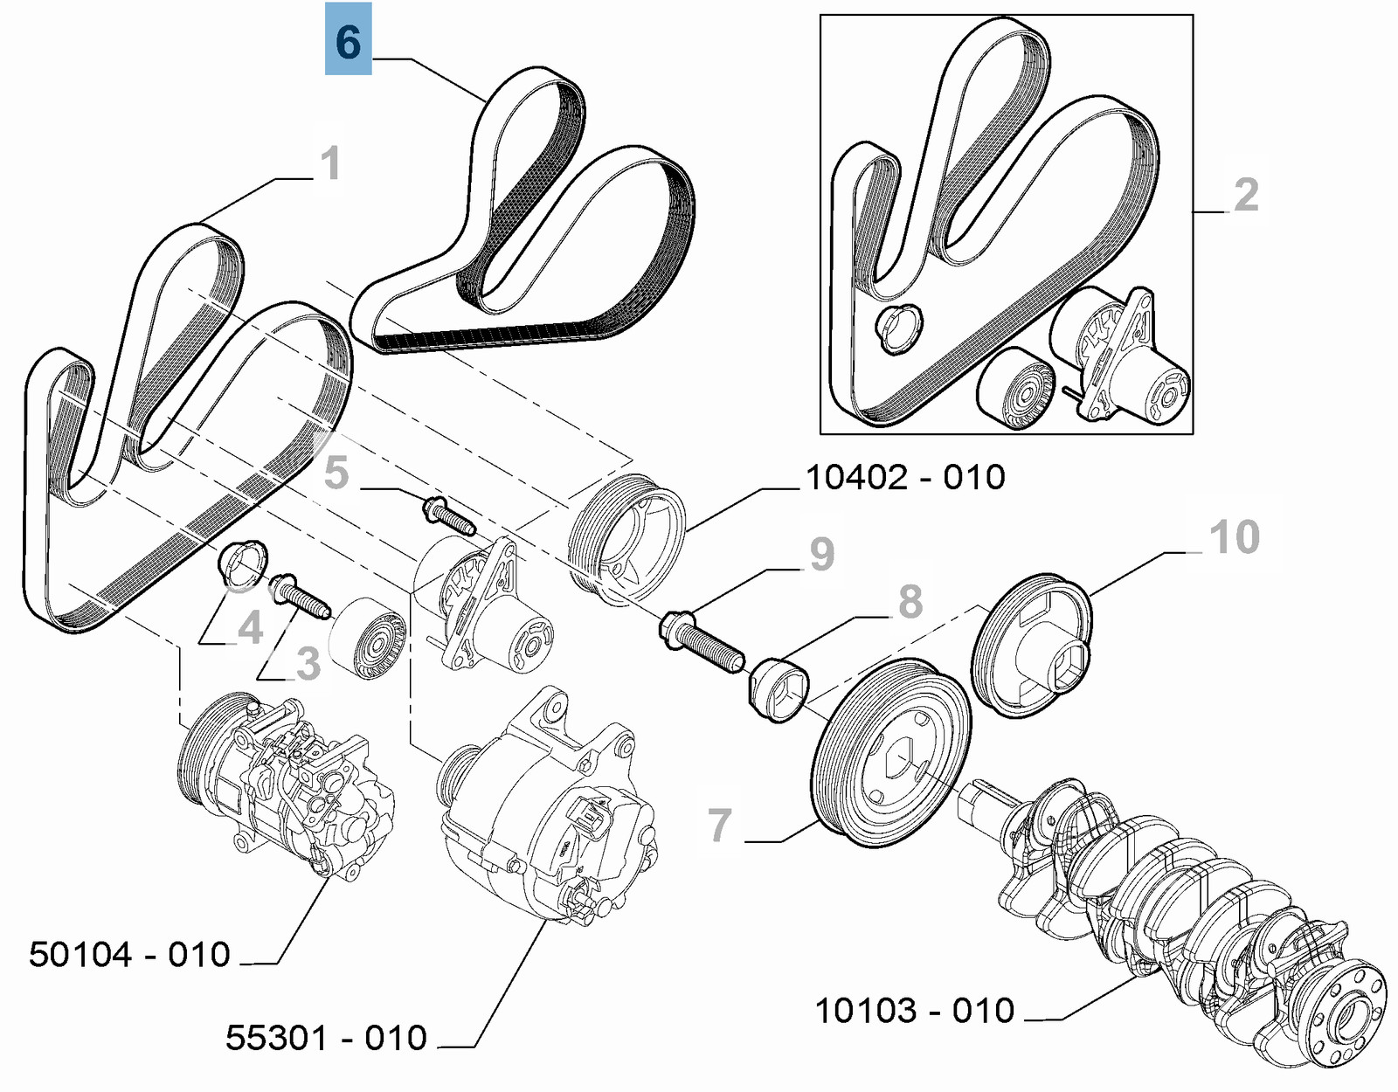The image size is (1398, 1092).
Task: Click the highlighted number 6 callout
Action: [348, 39]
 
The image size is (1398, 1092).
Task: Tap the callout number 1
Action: [329, 163]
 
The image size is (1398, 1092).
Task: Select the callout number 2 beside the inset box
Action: [1246, 194]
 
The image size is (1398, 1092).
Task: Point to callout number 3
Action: [308, 664]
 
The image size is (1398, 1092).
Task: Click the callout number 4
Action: [251, 627]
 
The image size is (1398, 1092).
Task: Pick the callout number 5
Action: [336, 472]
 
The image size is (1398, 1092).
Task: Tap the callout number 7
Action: [719, 824]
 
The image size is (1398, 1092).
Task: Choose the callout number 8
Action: [910, 601]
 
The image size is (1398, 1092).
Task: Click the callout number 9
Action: [821, 553]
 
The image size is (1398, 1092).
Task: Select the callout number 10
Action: [1235, 536]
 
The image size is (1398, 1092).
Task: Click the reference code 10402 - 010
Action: [904, 477]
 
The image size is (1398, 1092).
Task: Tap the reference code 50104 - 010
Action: [129, 954]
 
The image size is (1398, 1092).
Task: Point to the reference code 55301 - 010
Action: [326, 1038]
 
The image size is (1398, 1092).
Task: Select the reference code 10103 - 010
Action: [914, 1010]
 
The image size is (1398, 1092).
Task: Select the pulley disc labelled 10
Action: [1034, 646]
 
